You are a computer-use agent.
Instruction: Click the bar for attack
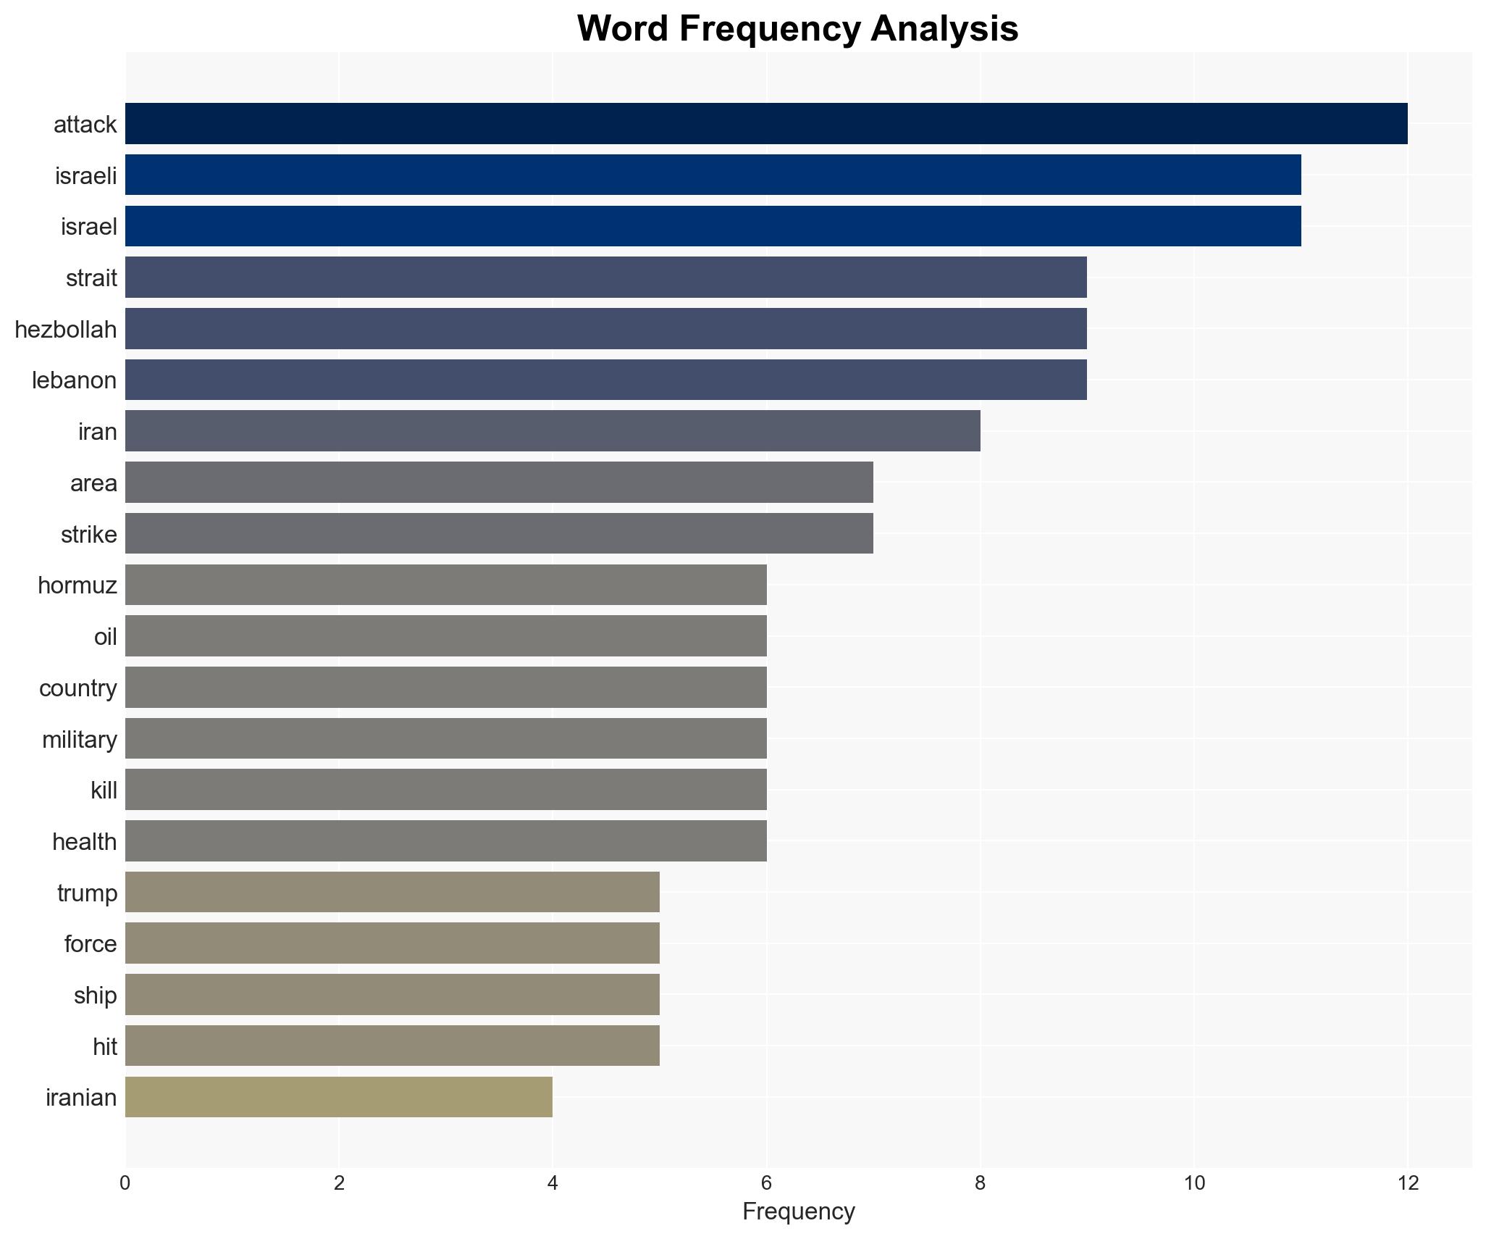pos(766,124)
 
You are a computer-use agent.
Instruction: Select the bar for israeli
pos(713,175)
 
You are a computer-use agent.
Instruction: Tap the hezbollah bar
pos(605,329)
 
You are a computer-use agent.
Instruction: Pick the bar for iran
pos(553,431)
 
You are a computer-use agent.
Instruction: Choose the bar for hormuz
pos(445,585)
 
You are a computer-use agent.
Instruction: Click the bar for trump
pos(392,892)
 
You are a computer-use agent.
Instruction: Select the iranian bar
pos(338,1097)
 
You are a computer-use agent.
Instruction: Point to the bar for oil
pos(445,636)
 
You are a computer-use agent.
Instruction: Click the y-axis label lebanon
pos(74,380)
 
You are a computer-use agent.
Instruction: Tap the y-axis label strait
pos(91,278)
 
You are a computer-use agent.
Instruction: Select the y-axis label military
pos(79,739)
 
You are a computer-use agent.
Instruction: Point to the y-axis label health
pos(84,841)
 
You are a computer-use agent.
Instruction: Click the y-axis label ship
pos(95,995)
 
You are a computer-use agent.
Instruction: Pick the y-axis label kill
pos(104,790)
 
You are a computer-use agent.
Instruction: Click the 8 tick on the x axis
pos(980,1183)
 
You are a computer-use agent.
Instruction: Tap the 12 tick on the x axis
pos(1407,1183)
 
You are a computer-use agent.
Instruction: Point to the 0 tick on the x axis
pos(125,1183)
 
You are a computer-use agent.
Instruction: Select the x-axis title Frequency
pos(798,1211)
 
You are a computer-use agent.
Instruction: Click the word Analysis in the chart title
pos(944,29)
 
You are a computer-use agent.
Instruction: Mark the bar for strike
pos(499,534)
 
